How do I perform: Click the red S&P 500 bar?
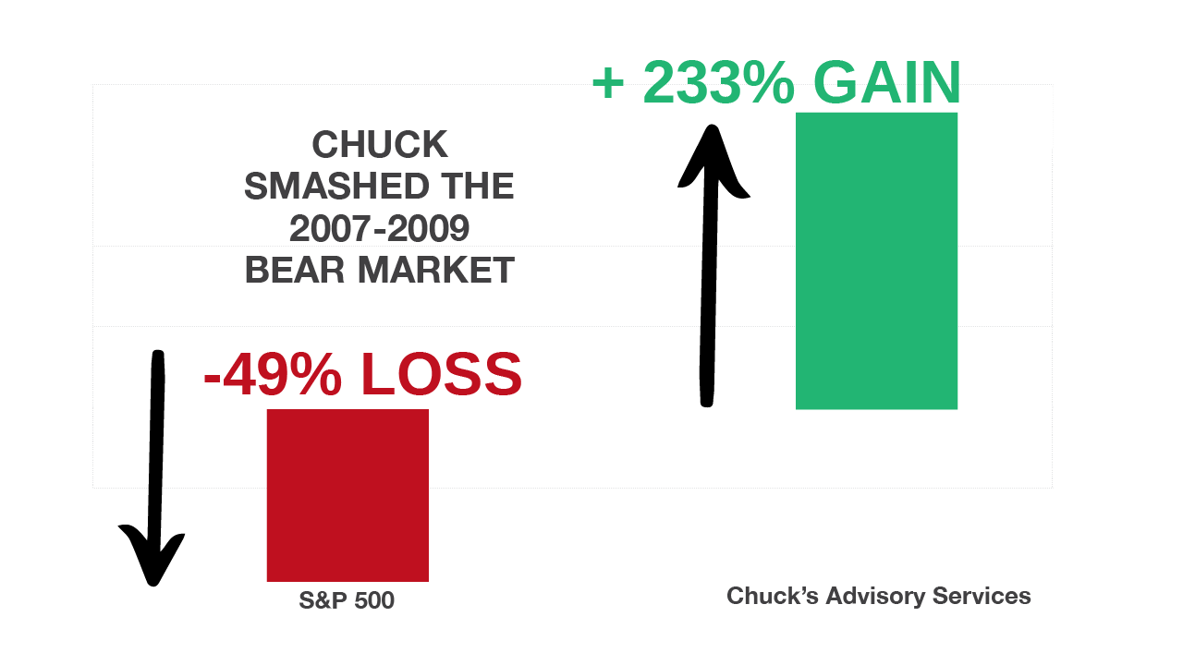[348, 495]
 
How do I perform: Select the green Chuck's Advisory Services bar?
[876, 260]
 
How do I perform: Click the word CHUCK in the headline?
[379, 145]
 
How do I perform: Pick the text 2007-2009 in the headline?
[379, 229]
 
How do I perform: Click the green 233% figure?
[716, 82]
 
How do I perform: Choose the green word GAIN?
[886, 82]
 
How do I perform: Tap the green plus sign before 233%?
[609, 84]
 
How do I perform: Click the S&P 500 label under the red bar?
[347, 601]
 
